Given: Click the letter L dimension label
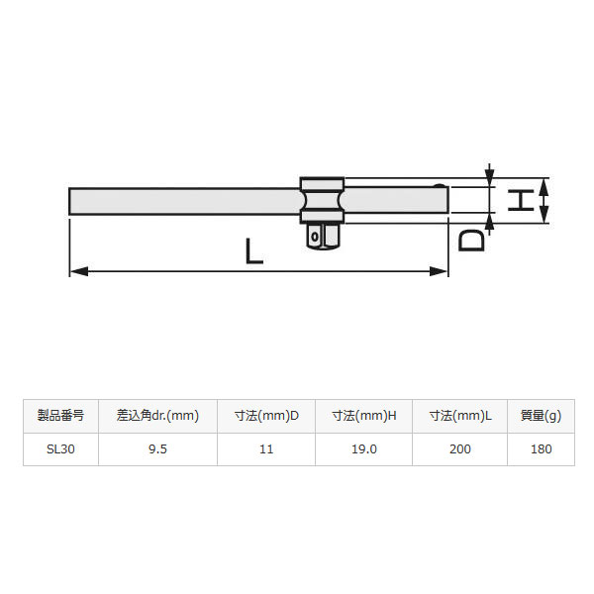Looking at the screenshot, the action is tap(253, 251).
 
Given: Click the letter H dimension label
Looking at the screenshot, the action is tap(521, 200).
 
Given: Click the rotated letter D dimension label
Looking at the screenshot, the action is tap(471, 241).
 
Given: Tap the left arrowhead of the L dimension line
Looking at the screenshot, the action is tap(79, 271).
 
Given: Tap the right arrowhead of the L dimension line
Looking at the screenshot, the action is tap(439, 271).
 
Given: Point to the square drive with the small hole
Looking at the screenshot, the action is tap(322, 237).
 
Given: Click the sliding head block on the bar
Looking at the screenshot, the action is tap(322, 200).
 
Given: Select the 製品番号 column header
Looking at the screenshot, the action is tap(60, 416).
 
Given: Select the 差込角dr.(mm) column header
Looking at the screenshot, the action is tap(157, 416).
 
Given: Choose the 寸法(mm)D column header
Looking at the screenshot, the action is tap(266, 416).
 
